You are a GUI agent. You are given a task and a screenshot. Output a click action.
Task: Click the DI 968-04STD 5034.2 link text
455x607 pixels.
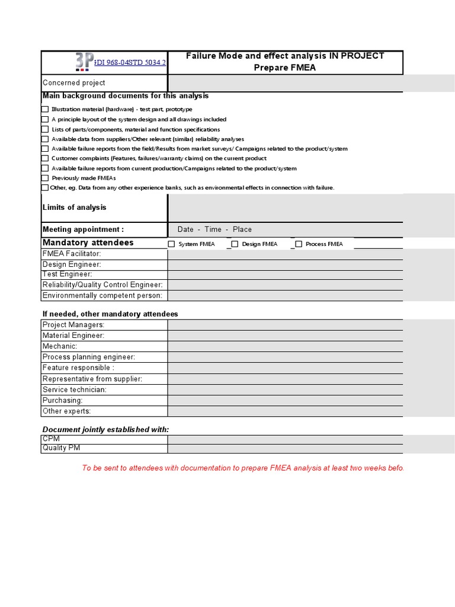pyautogui.click(x=130, y=62)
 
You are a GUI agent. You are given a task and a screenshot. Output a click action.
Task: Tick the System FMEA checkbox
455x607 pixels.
pyautogui.click(x=172, y=244)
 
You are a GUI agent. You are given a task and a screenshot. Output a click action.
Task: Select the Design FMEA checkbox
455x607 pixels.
pyautogui.click(x=235, y=244)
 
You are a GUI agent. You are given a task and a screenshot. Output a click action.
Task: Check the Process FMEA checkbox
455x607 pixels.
pyautogui.click(x=299, y=244)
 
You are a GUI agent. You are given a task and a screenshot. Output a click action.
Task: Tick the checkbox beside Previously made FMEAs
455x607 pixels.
pyautogui.click(x=45, y=178)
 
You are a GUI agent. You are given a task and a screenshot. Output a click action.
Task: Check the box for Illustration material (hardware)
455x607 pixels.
pyautogui.click(x=45, y=109)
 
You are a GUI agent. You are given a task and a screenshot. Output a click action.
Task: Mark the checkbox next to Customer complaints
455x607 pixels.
pyautogui.click(x=45, y=158)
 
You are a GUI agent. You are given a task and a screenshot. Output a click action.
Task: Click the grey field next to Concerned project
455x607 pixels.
pyautogui.click(x=285, y=83)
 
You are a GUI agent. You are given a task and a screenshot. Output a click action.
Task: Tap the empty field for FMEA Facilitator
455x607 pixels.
pyautogui.click(x=285, y=254)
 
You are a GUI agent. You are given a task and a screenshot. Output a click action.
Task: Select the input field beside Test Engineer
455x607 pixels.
pyautogui.click(x=285, y=274)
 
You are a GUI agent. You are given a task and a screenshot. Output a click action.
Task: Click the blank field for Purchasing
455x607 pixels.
pyautogui.click(x=285, y=400)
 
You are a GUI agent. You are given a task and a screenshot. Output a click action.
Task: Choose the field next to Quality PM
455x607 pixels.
pyautogui.click(x=285, y=448)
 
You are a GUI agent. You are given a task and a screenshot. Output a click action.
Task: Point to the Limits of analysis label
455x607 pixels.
pyautogui.click(x=75, y=207)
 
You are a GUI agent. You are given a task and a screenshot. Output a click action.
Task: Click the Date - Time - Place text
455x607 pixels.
pyautogui.click(x=214, y=229)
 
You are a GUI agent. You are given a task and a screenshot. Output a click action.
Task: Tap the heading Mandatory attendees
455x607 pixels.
pyautogui.click(x=88, y=242)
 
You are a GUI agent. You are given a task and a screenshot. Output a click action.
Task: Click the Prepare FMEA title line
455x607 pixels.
pyautogui.click(x=285, y=68)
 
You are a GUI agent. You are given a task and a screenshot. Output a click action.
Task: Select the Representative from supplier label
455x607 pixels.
pyautogui.click(x=92, y=379)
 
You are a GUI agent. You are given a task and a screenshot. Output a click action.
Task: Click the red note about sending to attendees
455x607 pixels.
pyautogui.click(x=243, y=468)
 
